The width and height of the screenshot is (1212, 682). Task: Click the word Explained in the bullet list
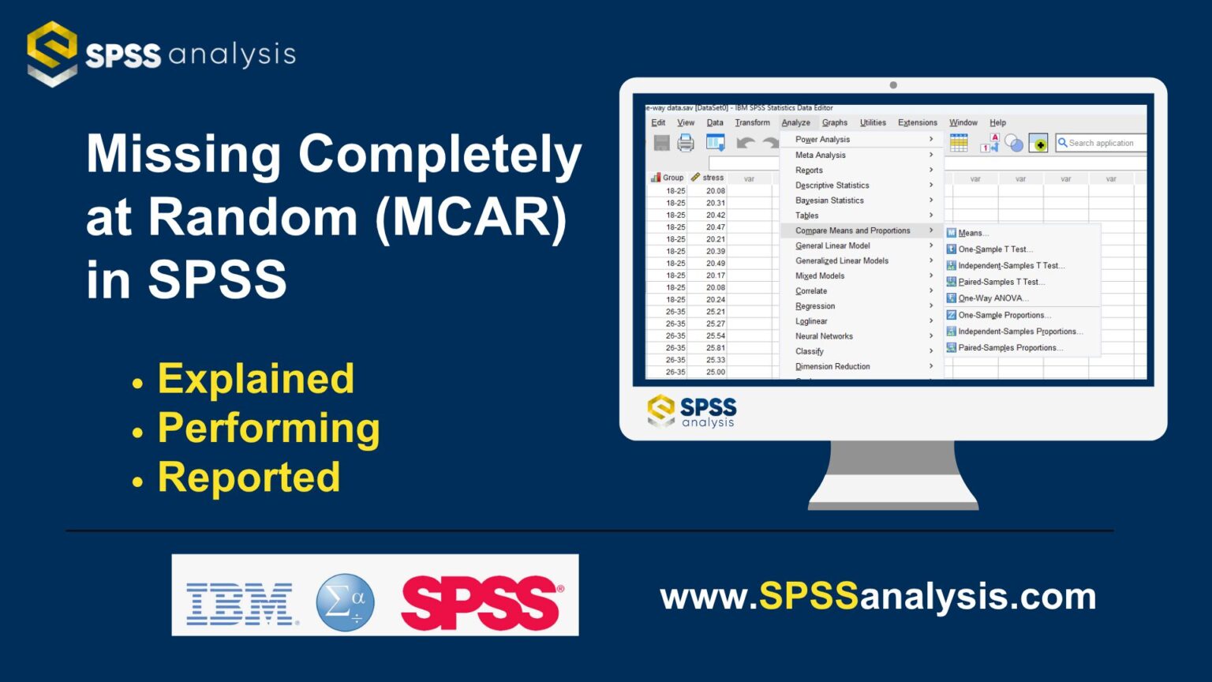pyautogui.click(x=256, y=379)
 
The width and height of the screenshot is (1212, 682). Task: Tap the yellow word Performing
pyautogui.click(x=268, y=429)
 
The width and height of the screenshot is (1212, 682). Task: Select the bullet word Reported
pyautogui.click(x=249, y=478)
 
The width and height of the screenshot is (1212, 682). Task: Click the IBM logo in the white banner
pyautogui.click(x=241, y=604)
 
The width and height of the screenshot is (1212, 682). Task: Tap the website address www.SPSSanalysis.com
pyautogui.click(x=877, y=597)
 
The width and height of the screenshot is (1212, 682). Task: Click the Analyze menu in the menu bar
pyautogui.click(x=795, y=123)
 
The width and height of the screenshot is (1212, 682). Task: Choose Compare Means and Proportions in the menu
pyautogui.click(x=852, y=230)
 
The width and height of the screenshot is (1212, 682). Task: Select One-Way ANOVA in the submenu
pyautogui.click(x=993, y=298)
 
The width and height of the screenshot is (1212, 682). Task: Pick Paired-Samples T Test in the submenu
pyautogui.click(x=1001, y=282)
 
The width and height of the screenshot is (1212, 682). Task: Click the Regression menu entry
pyautogui.click(x=815, y=306)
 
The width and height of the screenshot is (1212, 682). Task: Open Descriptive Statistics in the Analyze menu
pyautogui.click(x=832, y=185)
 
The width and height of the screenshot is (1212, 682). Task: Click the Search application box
pyautogui.click(x=1101, y=143)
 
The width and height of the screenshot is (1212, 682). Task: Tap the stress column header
pyautogui.click(x=713, y=178)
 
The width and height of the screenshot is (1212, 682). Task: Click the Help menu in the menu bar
pyautogui.click(x=997, y=123)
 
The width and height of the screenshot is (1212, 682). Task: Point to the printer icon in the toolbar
pyautogui.click(x=686, y=143)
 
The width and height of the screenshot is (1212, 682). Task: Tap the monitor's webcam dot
pyautogui.click(x=893, y=85)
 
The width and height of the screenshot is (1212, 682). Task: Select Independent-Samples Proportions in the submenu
pyautogui.click(x=1019, y=332)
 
